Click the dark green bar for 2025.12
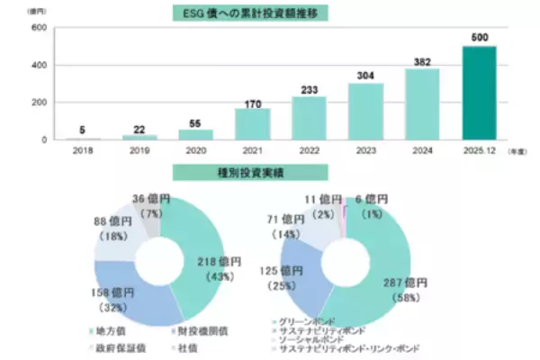pyautogui.click(x=478, y=93)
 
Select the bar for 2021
pyautogui.click(x=252, y=124)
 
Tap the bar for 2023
pyautogui.click(x=365, y=112)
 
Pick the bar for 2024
pyautogui.click(x=421, y=104)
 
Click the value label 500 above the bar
pyautogui.click(x=479, y=37)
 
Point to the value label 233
pyautogui.click(x=309, y=87)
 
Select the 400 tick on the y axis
pyautogui.click(x=40, y=65)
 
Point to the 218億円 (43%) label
pyautogui.click(x=220, y=266)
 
